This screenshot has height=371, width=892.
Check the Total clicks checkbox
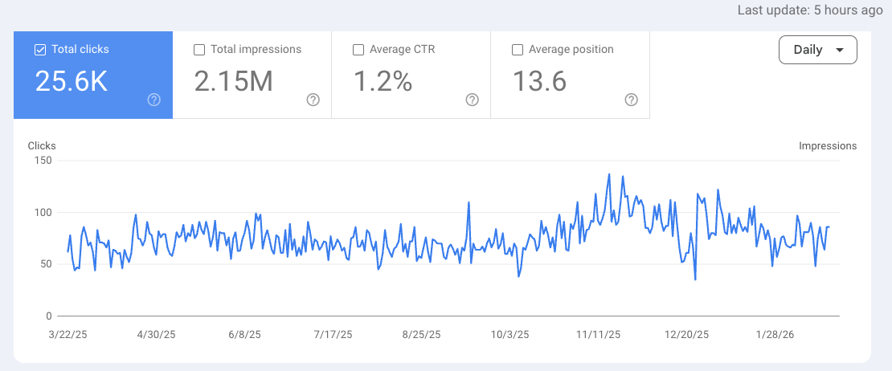[x=40, y=50]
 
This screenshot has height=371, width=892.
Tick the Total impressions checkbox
[x=199, y=50]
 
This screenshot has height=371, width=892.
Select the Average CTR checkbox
[x=358, y=50]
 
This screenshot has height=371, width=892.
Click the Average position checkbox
[x=518, y=50]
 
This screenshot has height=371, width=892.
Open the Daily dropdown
[x=817, y=50]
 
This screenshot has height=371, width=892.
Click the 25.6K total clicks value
[x=72, y=81]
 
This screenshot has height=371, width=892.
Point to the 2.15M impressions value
[x=233, y=81]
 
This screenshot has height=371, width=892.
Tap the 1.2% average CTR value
[x=383, y=81]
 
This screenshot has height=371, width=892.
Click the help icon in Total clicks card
[x=154, y=100]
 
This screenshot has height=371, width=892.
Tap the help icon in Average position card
[x=632, y=100]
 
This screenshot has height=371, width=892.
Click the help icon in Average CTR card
[x=473, y=100]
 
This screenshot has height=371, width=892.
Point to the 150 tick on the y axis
[x=43, y=161]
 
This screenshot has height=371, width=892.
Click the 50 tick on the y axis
[x=46, y=264]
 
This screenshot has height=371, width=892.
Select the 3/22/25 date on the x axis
[x=68, y=334]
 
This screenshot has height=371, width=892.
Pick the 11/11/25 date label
[x=599, y=334]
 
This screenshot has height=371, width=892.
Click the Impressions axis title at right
[x=827, y=146]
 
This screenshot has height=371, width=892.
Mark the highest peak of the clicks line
[x=609, y=174]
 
